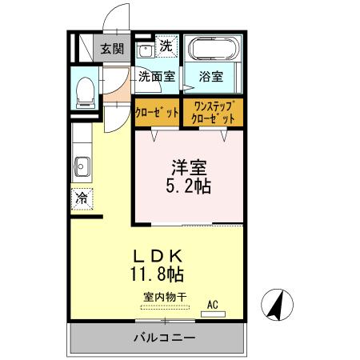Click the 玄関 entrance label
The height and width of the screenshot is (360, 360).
[112, 48]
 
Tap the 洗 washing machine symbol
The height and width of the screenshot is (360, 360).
[166, 46]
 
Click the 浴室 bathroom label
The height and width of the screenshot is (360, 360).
[211, 78]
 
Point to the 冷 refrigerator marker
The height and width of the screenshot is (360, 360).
[82, 198]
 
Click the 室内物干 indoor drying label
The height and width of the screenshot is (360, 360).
[165, 297]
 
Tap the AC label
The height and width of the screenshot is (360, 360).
[213, 304]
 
